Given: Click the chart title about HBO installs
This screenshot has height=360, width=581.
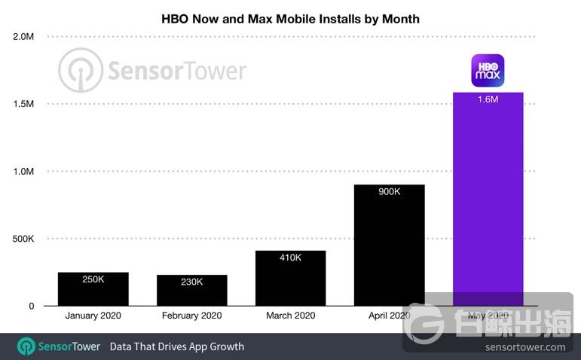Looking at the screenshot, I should click(x=290, y=18).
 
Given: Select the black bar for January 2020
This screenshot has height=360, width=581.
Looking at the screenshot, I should click(x=93, y=289).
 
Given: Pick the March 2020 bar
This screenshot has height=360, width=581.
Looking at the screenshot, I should click(x=290, y=279).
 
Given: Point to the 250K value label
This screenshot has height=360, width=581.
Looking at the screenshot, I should click(x=93, y=279).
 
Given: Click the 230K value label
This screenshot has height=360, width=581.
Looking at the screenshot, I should click(x=191, y=282).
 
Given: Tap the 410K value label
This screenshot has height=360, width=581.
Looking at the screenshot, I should click(x=290, y=258).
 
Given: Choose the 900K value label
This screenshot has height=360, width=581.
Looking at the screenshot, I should click(x=389, y=192).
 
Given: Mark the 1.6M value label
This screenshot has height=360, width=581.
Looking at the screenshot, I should click(x=488, y=99).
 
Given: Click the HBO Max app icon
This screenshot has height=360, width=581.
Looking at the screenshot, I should click(x=488, y=70).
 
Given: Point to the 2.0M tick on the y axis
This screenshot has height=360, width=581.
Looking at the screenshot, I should click(x=23, y=36).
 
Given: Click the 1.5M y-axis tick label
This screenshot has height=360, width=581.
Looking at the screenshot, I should click(x=23, y=104).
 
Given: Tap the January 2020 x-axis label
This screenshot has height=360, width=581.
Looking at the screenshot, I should click(x=93, y=316).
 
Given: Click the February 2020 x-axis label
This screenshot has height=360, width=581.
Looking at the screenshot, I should click(x=191, y=316).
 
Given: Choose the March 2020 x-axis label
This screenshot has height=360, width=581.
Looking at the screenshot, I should click(x=290, y=316).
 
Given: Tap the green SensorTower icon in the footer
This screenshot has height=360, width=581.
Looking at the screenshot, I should click(x=27, y=346).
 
